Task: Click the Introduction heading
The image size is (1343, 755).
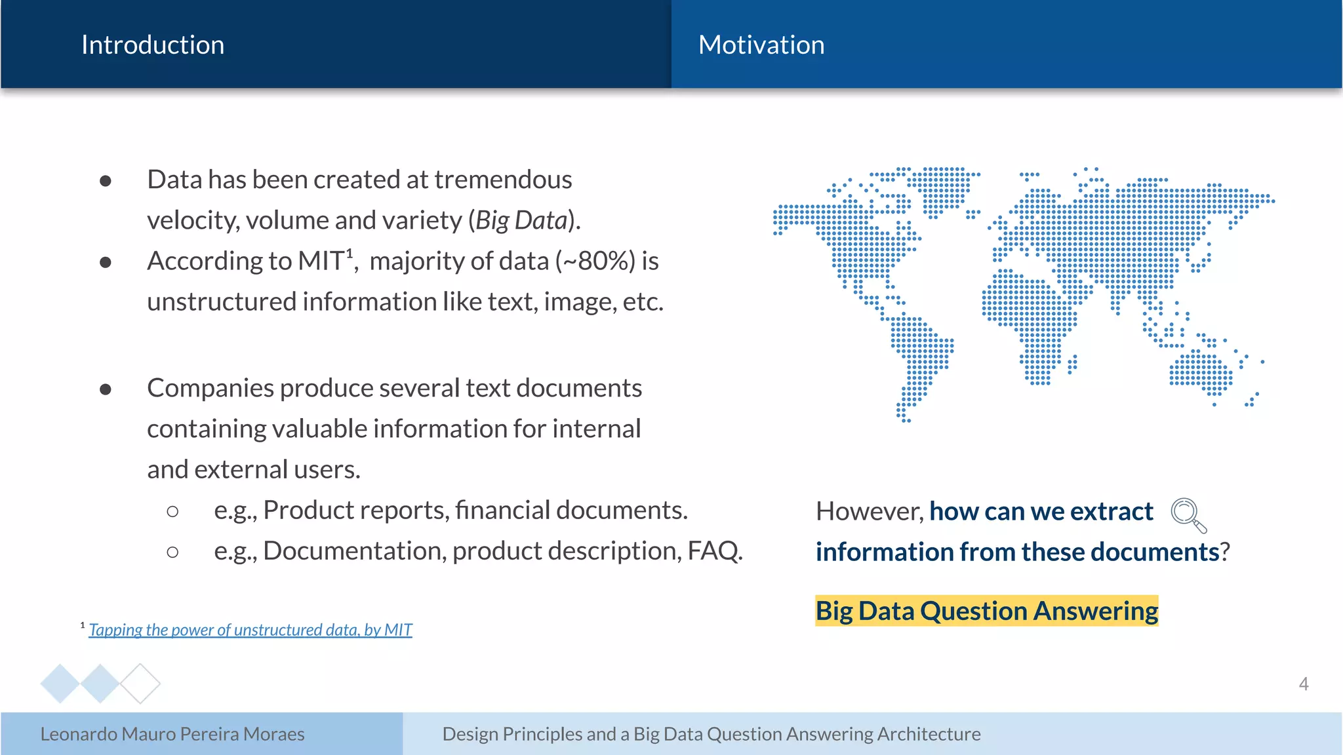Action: tap(152, 45)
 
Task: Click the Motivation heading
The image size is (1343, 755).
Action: tap(761, 45)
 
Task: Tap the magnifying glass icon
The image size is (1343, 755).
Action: tap(1188, 514)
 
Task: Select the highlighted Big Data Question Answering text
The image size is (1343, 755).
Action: tap(986, 611)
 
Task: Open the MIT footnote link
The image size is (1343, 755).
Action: tap(250, 630)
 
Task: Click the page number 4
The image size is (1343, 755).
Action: tap(1303, 684)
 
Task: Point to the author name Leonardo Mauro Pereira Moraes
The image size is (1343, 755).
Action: tap(172, 733)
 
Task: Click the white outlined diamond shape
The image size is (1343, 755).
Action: tap(140, 684)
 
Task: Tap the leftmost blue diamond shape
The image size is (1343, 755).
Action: tap(60, 684)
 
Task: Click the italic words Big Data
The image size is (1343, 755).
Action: tap(521, 220)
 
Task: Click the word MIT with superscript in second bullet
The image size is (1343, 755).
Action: tap(321, 261)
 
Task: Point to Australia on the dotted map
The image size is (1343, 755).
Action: tap(1200, 374)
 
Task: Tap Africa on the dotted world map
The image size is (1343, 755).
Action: tap(1030, 315)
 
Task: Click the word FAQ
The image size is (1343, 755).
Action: tap(713, 551)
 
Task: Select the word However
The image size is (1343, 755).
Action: tap(869, 511)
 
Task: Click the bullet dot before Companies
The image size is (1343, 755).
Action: tap(106, 389)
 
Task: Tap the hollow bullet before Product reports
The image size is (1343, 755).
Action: tap(172, 511)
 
